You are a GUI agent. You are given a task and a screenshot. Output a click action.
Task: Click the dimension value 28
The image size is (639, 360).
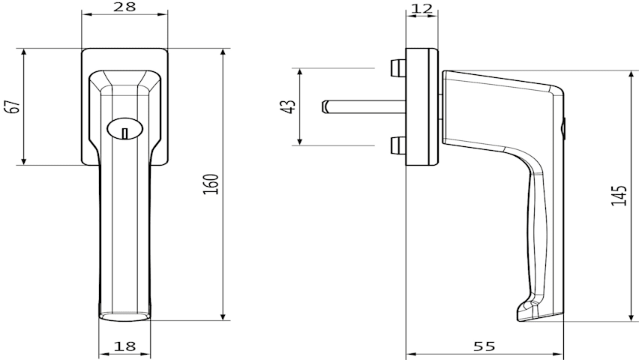pyautogui.click(x=124, y=7)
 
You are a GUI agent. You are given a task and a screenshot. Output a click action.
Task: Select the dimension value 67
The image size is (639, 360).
pyautogui.click(x=14, y=106)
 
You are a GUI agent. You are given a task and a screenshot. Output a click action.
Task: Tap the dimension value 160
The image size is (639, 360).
pyautogui.click(x=211, y=184)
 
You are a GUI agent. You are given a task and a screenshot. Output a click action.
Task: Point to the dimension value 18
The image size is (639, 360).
pyautogui.click(x=124, y=346)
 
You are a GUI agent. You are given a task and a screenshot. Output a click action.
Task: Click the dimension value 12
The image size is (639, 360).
pyautogui.click(x=421, y=8)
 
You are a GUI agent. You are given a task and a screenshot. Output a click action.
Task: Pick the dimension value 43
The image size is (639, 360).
pyautogui.click(x=289, y=106)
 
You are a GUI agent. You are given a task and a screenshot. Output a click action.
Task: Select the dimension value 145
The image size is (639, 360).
pyautogui.click(x=619, y=195)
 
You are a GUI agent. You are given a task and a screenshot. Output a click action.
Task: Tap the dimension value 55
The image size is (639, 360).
pyautogui.click(x=484, y=346)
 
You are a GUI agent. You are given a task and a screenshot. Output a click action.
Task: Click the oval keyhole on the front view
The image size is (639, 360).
pyautogui.click(x=125, y=129)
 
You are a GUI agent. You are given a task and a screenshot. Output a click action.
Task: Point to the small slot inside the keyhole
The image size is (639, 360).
pyautogui.click(x=125, y=133)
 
